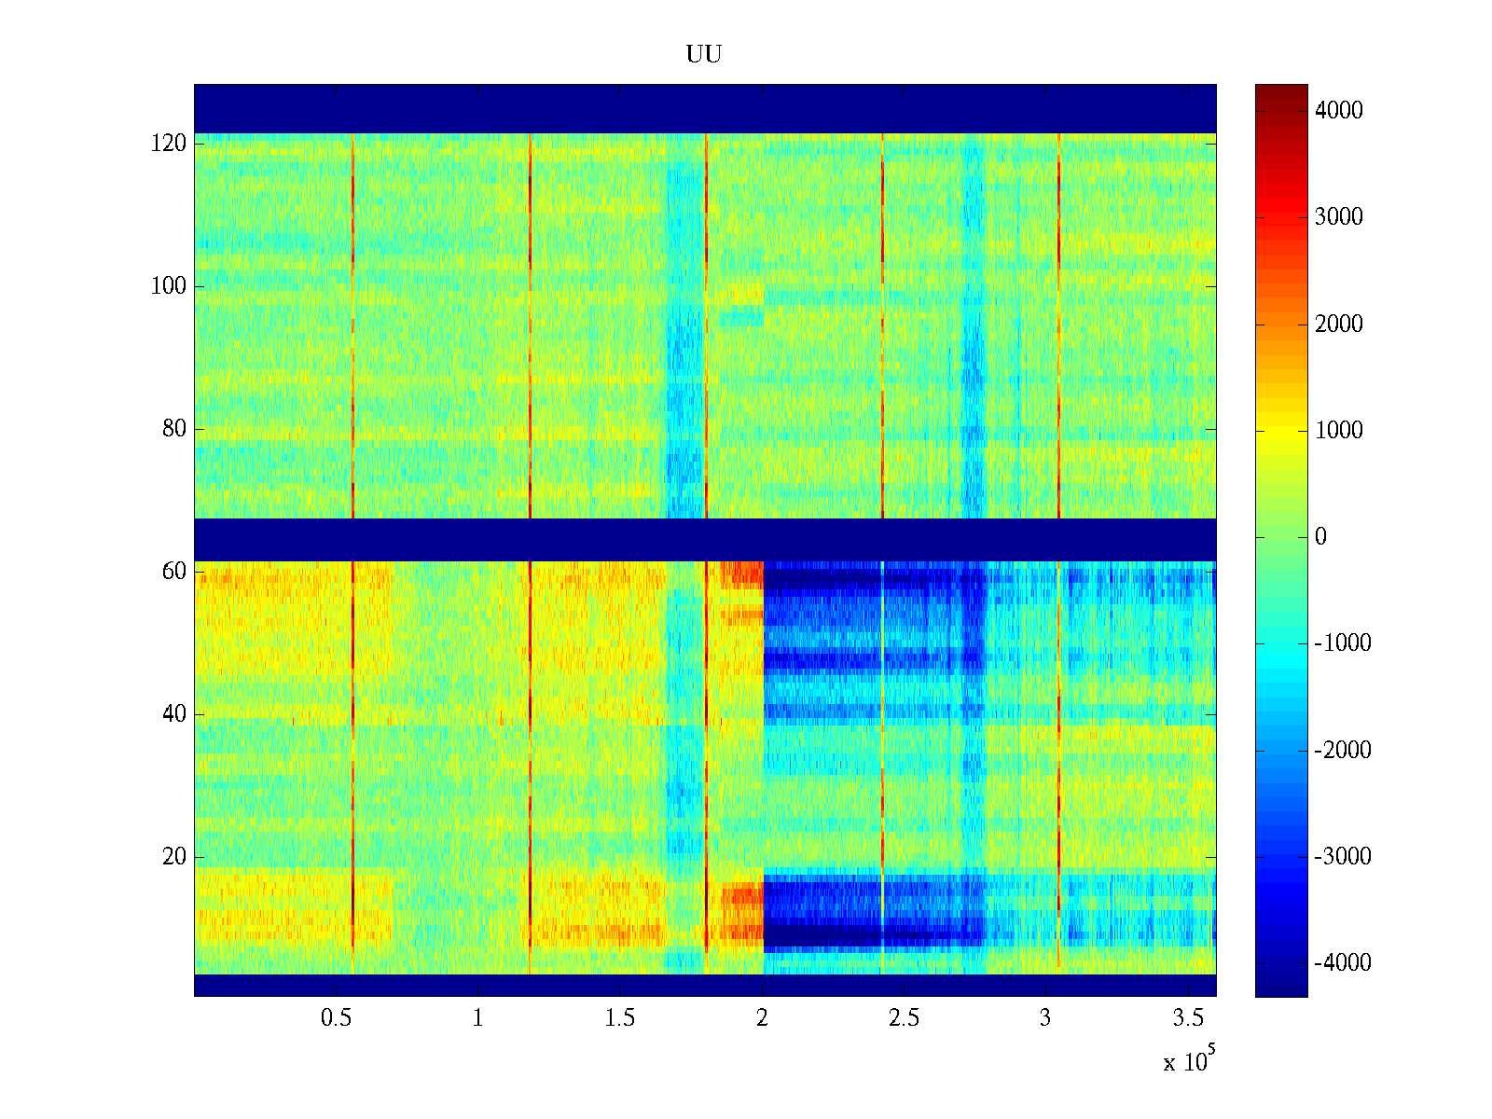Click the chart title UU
click(x=704, y=55)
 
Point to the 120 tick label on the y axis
click(x=169, y=144)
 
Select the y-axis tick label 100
click(x=169, y=286)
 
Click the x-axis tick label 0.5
click(x=336, y=1018)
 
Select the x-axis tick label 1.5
click(x=619, y=1018)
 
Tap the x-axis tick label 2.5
click(x=904, y=1018)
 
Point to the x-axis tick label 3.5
click(x=1187, y=1018)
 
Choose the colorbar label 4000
click(x=1339, y=111)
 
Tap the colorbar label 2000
click(x=1339, y=325)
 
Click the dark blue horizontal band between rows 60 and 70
click(x=704, y=539)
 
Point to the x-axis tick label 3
click(x=1045, y=1018)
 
